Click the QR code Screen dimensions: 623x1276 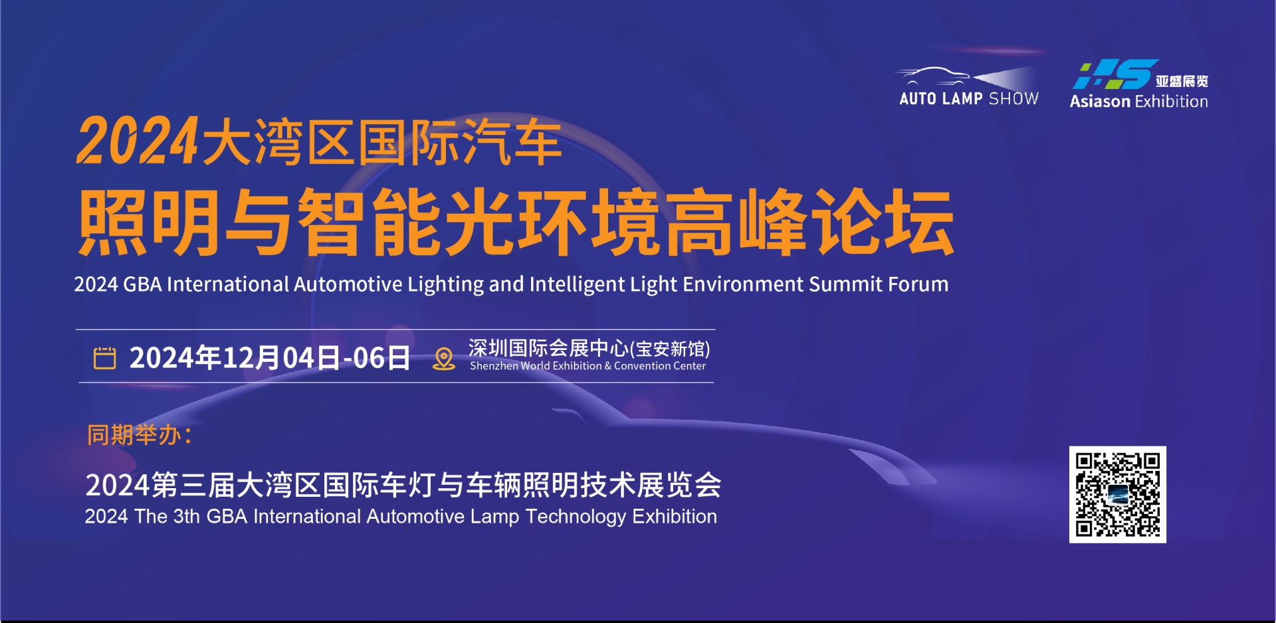(x=1117, y=494)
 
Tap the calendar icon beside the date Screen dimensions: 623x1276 (x=104, y=358)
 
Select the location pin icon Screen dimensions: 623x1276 (x=443, y=359)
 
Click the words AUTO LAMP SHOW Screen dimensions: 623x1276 (x=968, y=99)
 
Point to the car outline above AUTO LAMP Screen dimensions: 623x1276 (x=934, y=75)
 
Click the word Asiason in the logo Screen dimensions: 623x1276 (x=1099, y=102)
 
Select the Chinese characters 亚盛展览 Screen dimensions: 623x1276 (x=1182, y=81)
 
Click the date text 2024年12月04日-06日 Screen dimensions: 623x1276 (x=269, y=358)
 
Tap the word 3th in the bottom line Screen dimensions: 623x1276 (x=186, y=517)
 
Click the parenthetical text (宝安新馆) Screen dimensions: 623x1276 (x=670, y=349)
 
